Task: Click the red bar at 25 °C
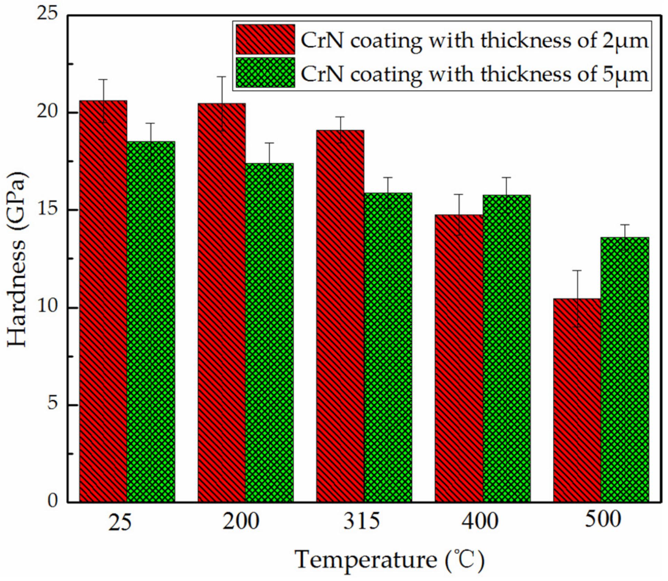pos(103,301)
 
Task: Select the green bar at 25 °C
pos(151,322)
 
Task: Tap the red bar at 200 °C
pos(222,303)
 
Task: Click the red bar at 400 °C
pos(459,358)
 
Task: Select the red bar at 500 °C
pos(577,400)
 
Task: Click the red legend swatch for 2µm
pos(265,39)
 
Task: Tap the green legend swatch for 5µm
pos(265,73)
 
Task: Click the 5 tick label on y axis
pos(52,404)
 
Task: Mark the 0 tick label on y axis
pos(52,501)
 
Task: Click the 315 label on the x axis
pos(361,521)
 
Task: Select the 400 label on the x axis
pos(480,521)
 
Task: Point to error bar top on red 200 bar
pos(222,77)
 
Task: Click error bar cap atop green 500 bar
pos(625,225)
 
